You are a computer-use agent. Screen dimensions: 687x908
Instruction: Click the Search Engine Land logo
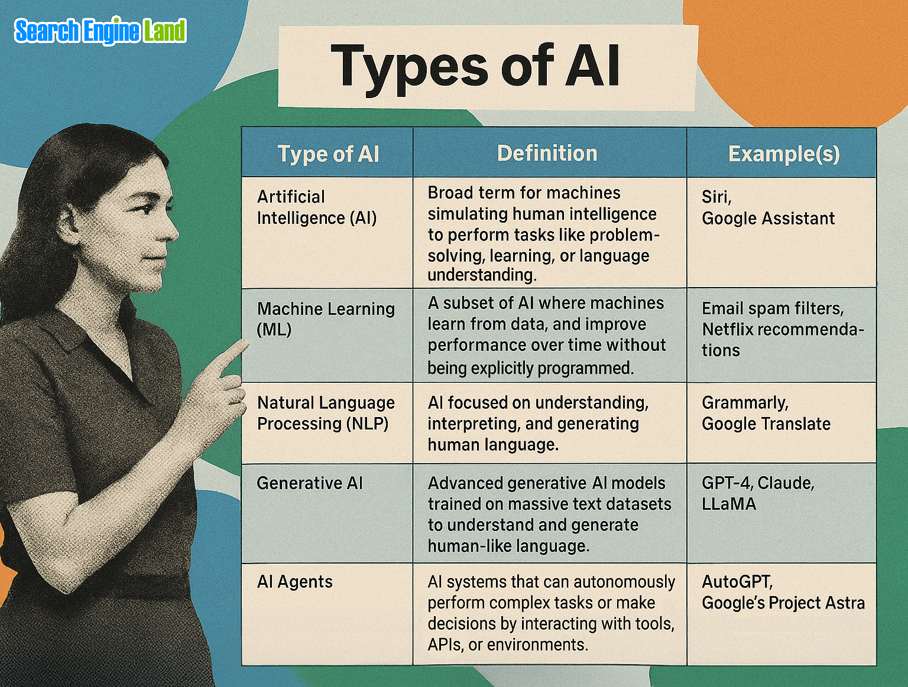point(100,31)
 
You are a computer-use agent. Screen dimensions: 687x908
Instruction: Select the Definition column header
point(547,154)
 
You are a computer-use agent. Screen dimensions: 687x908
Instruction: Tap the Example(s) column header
point(783,154)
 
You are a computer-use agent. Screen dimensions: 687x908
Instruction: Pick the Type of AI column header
point(328,154)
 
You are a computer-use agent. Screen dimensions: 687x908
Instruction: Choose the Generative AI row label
point(309,483)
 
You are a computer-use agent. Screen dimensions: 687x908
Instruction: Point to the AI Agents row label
point(294,582)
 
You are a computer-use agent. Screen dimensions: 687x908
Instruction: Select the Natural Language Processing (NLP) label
point(325,413)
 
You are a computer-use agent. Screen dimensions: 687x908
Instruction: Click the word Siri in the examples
point(716,197)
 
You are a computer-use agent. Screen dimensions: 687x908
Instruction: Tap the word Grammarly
point(744,403)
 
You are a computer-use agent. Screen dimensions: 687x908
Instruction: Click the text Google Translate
point(766,424)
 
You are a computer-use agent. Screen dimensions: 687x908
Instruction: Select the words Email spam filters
point(772,308)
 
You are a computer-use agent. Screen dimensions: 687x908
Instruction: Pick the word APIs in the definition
point(445,644)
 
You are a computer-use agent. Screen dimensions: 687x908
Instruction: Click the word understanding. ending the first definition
point(481,275)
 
